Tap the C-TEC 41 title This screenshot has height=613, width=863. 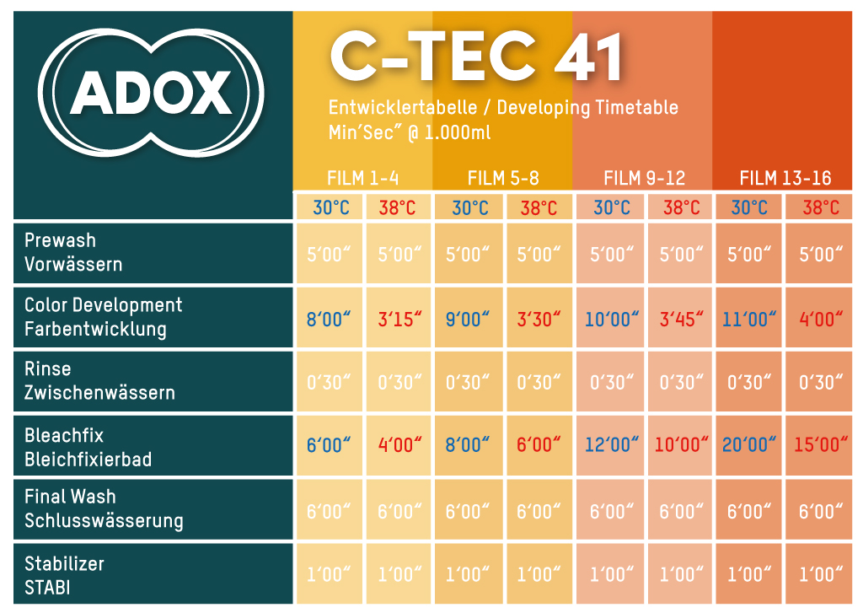point(477,57)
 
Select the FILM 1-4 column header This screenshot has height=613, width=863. point(362,178)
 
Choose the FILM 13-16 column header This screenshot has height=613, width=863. point(785,178)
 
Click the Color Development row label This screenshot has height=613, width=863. point(103,317)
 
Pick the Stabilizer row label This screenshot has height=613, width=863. point(64,575)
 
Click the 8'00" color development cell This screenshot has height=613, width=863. point(328,318)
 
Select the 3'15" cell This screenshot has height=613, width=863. point(398,318)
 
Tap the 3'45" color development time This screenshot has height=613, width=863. point(679,318)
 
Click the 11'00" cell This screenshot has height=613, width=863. point(748,318)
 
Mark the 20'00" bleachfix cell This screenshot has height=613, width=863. point(748,445)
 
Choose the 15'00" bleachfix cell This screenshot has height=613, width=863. point(818,445)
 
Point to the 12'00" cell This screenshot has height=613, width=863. point(610,445)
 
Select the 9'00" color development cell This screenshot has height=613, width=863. point(468,318)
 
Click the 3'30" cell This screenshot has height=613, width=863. point(539,318)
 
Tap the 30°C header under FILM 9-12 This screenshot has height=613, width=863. point(611,207)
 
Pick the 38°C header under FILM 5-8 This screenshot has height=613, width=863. point(539,207)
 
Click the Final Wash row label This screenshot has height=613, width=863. point(104,508)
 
